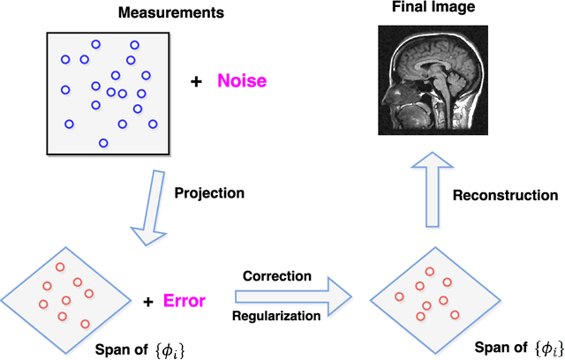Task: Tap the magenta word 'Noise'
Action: (x=242, y=81)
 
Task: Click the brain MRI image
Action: (x=433, y=79)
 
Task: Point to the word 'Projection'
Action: (x=209, y=192)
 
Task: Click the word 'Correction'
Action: (x=278, y=275)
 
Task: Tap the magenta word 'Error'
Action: (x=185, y=301)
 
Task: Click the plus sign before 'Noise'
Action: (x=196, y=81)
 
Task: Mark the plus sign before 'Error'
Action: (x=147, y=302)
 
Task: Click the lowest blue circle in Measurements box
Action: (x=103, y=143)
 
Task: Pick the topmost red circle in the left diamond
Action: (x=60, y=266)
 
